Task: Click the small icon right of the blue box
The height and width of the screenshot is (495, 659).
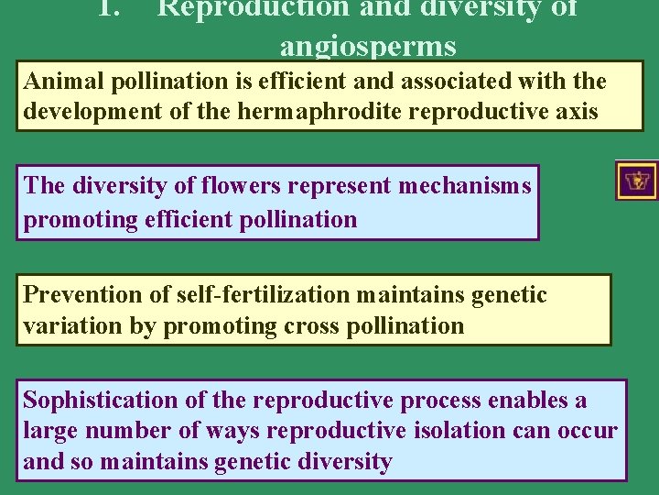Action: tap(636, 181)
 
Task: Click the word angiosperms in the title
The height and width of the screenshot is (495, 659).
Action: tap(368, 45)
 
